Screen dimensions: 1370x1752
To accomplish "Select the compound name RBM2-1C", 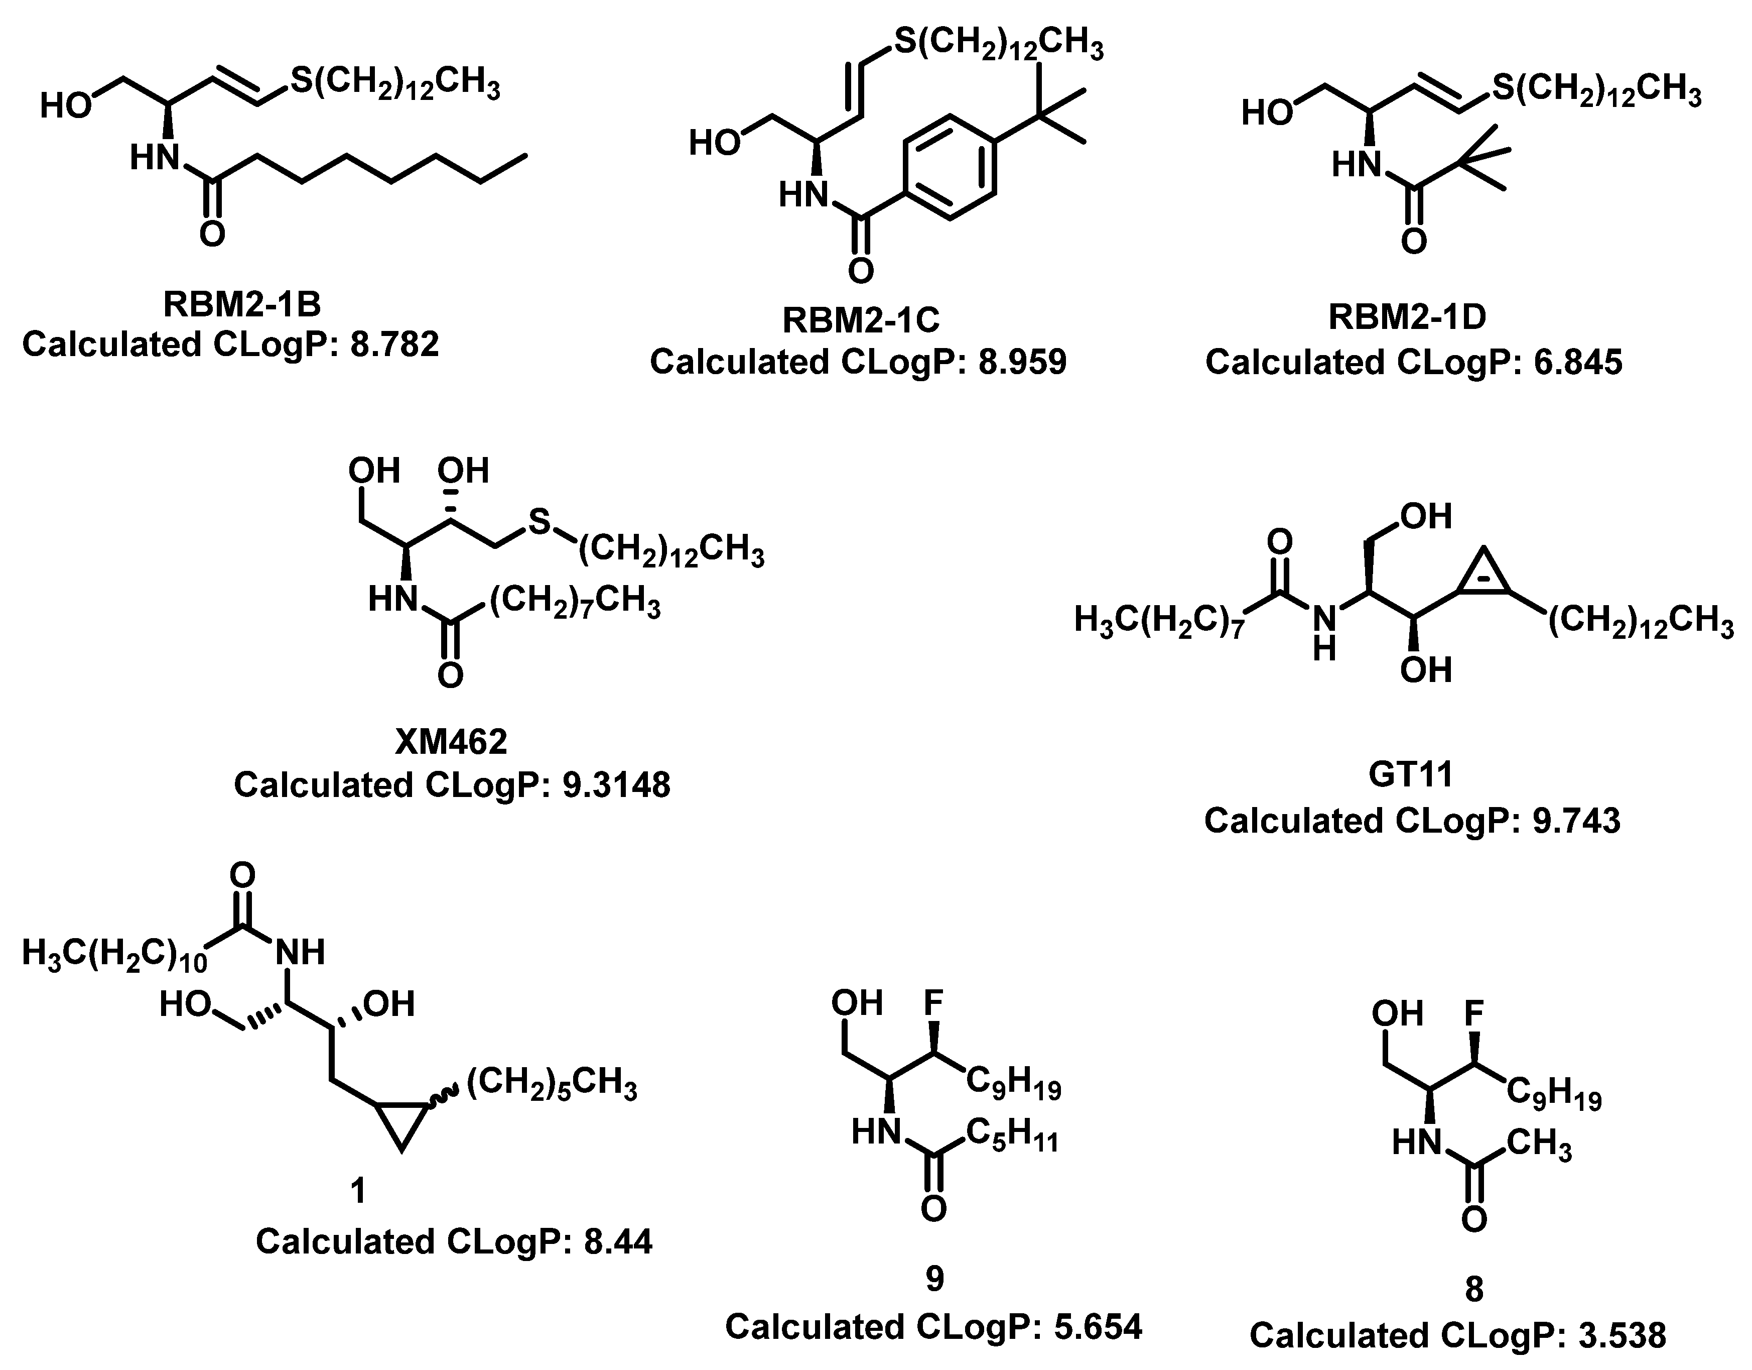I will coord(860,320).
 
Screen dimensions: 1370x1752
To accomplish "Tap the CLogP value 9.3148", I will coord(616,785).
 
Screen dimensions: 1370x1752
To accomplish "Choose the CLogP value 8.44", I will coord(618,1241).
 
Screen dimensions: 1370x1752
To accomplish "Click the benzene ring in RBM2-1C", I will coord(949,167).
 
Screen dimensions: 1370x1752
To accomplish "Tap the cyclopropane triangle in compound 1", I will coord(400,1121).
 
